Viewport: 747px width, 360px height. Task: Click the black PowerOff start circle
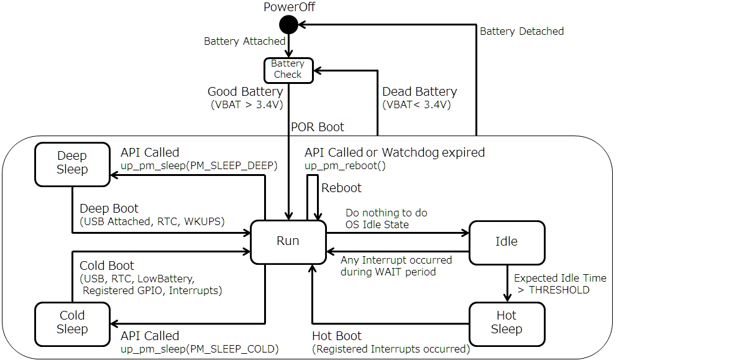tap(288, 25)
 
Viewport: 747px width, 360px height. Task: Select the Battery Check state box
tap(288, 69)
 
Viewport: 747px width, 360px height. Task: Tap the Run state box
tap(288, 241)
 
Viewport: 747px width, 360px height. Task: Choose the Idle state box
tap(506, 241)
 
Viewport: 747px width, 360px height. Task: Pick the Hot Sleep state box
tap(506, 323)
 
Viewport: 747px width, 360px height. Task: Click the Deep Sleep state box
tap(72, 163)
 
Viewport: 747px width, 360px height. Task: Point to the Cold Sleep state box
tap(72, 323)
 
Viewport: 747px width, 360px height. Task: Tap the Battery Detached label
tap(522, 31)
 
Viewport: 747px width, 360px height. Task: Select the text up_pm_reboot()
tap(345, 166)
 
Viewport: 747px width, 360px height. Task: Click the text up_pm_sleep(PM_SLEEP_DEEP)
tap(199, 166)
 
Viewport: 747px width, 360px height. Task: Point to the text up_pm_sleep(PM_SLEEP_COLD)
tap(199, 349)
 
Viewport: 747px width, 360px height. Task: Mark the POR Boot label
tap(318, 127)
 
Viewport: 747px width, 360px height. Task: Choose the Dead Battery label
tap(419, 92)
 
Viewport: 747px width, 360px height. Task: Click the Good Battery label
tap(245, 92)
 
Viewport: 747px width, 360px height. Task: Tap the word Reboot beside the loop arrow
tap(341, 188)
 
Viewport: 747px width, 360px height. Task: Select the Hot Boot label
tap(337, 336)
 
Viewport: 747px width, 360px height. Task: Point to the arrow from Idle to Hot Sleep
tap(506, 282)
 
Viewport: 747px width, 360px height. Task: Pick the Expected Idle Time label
tap(560, 278)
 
